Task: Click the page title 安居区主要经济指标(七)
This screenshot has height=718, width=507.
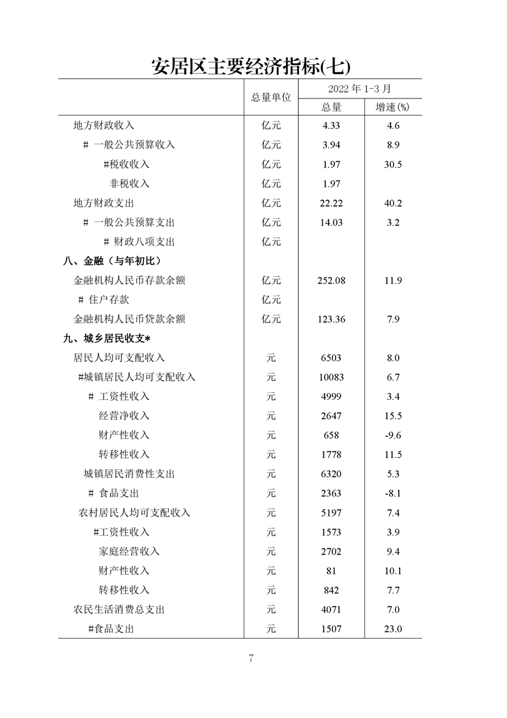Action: pos(251,66)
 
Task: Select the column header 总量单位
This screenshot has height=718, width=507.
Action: pos(270,97)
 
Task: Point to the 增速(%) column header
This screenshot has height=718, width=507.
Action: pos(392,107)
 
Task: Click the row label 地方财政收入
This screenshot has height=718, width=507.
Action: pos(104,125)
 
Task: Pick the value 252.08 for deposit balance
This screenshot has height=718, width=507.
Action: pos(331,280)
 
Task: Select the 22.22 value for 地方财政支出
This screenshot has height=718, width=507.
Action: pos(331,203)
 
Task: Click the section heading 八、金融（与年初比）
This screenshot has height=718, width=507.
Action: pos(112,261)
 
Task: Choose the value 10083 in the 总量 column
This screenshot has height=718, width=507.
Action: pos(331,377)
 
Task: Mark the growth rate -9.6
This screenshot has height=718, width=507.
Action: pos(393,435)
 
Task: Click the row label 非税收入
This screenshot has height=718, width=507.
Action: pos(129,184)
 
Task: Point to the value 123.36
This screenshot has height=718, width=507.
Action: pos(331,319)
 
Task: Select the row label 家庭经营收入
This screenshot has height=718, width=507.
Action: pos(129,551)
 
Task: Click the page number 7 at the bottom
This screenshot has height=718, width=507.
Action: pos(251,659)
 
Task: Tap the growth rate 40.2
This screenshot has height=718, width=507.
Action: pos(393,203)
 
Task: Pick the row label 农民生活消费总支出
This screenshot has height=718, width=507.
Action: pos(119,609)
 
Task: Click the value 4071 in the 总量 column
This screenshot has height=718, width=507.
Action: pos(331,609)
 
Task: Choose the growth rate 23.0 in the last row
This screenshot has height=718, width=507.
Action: pos(393,629)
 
